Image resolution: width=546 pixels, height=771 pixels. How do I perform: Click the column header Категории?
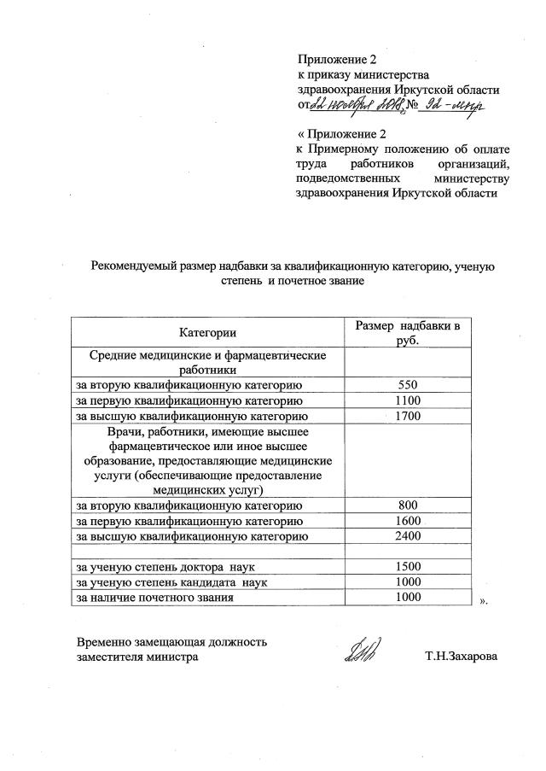(x=207, y=332)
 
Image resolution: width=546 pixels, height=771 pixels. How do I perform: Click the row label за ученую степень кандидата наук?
(x=167, y=583)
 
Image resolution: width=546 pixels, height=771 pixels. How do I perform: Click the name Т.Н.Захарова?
(x=462, y=658)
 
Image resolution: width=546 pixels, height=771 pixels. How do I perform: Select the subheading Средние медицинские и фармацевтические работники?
(x=207, y=362)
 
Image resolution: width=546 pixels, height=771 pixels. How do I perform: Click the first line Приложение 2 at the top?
(x=336, y=60)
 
